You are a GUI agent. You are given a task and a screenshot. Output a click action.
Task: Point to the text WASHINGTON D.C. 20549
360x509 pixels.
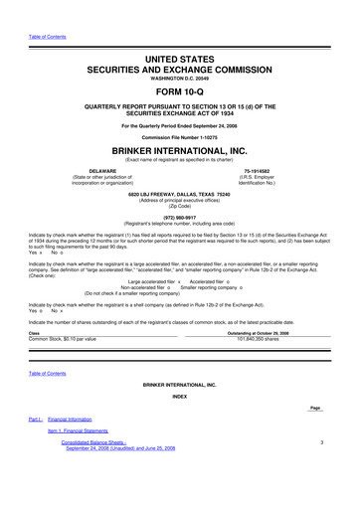click(x=180, y=52)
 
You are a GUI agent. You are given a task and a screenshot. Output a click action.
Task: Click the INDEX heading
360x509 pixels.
click(x=180, y=397)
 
